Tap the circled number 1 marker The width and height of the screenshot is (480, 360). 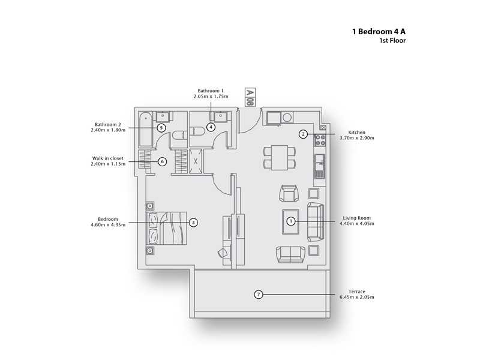point(291,221)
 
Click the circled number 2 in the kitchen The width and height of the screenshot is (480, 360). point(304,134)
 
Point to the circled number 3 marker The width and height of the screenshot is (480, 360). point(193,222)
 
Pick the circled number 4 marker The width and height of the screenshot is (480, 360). point(211,127)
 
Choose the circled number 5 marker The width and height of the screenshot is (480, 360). point(161,127)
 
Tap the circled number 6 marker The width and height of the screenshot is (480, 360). point(161,161)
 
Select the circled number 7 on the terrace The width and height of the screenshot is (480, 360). point(258,294)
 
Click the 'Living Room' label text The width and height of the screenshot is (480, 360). point(358,218)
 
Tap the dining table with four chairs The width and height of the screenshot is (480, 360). point(280,157)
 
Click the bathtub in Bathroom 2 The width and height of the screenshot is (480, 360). point(146,130)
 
